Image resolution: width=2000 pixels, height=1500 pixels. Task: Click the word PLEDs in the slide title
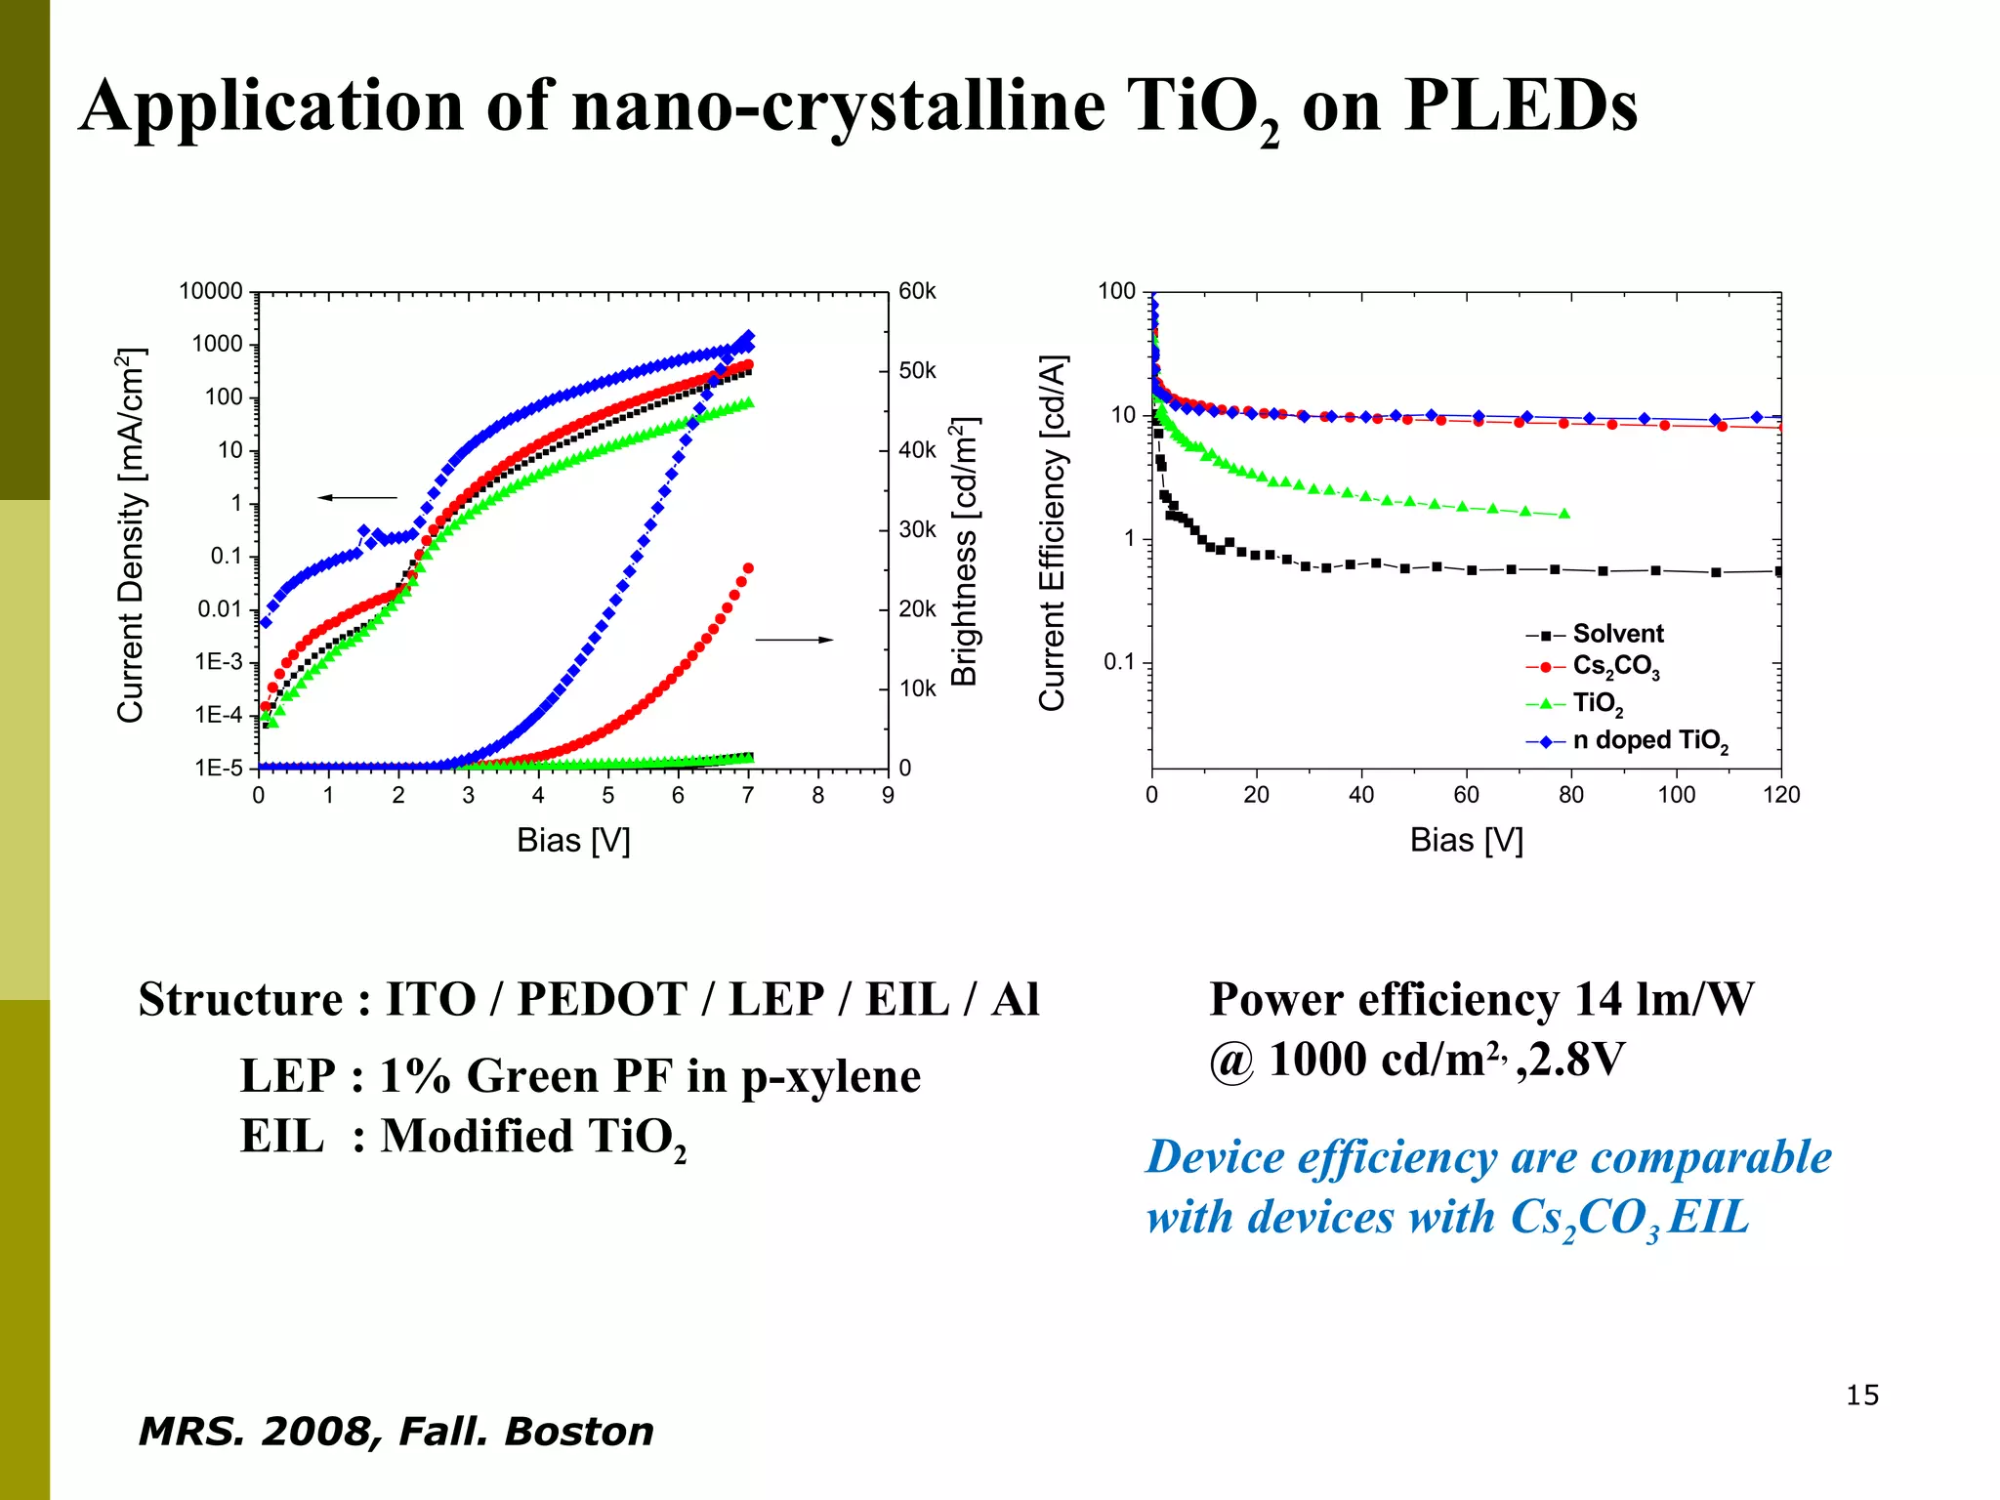click(1520, 105)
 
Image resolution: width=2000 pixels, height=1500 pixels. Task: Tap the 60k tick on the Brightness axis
click(917, 291)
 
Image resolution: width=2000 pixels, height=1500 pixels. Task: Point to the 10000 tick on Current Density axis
click(211, 291)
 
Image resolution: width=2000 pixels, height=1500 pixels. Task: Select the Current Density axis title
click(130, 534)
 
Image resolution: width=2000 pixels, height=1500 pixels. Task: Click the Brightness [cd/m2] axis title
click(964, 552)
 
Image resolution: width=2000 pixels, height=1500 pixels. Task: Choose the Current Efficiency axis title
click(1052, 533)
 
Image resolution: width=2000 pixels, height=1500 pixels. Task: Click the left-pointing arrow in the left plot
click(357, 498)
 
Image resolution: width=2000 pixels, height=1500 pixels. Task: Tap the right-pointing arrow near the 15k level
click(794, 640)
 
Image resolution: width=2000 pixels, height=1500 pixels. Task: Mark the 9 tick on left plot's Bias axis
click(888, 796)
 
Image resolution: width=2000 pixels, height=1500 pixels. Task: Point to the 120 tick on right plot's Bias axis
click(1780, 795)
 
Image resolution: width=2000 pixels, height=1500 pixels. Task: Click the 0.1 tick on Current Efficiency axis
click(1119, 662)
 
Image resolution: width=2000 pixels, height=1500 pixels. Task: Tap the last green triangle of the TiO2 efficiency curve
click(1564, 514)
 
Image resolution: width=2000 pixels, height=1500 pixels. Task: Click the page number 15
click(1861, 1396)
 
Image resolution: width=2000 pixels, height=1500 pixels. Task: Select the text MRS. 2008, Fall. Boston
click(396, 1432)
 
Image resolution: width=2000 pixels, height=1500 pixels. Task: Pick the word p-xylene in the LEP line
click(830, 1076)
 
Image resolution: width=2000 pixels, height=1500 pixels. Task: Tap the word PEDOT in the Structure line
click(602, 999)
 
